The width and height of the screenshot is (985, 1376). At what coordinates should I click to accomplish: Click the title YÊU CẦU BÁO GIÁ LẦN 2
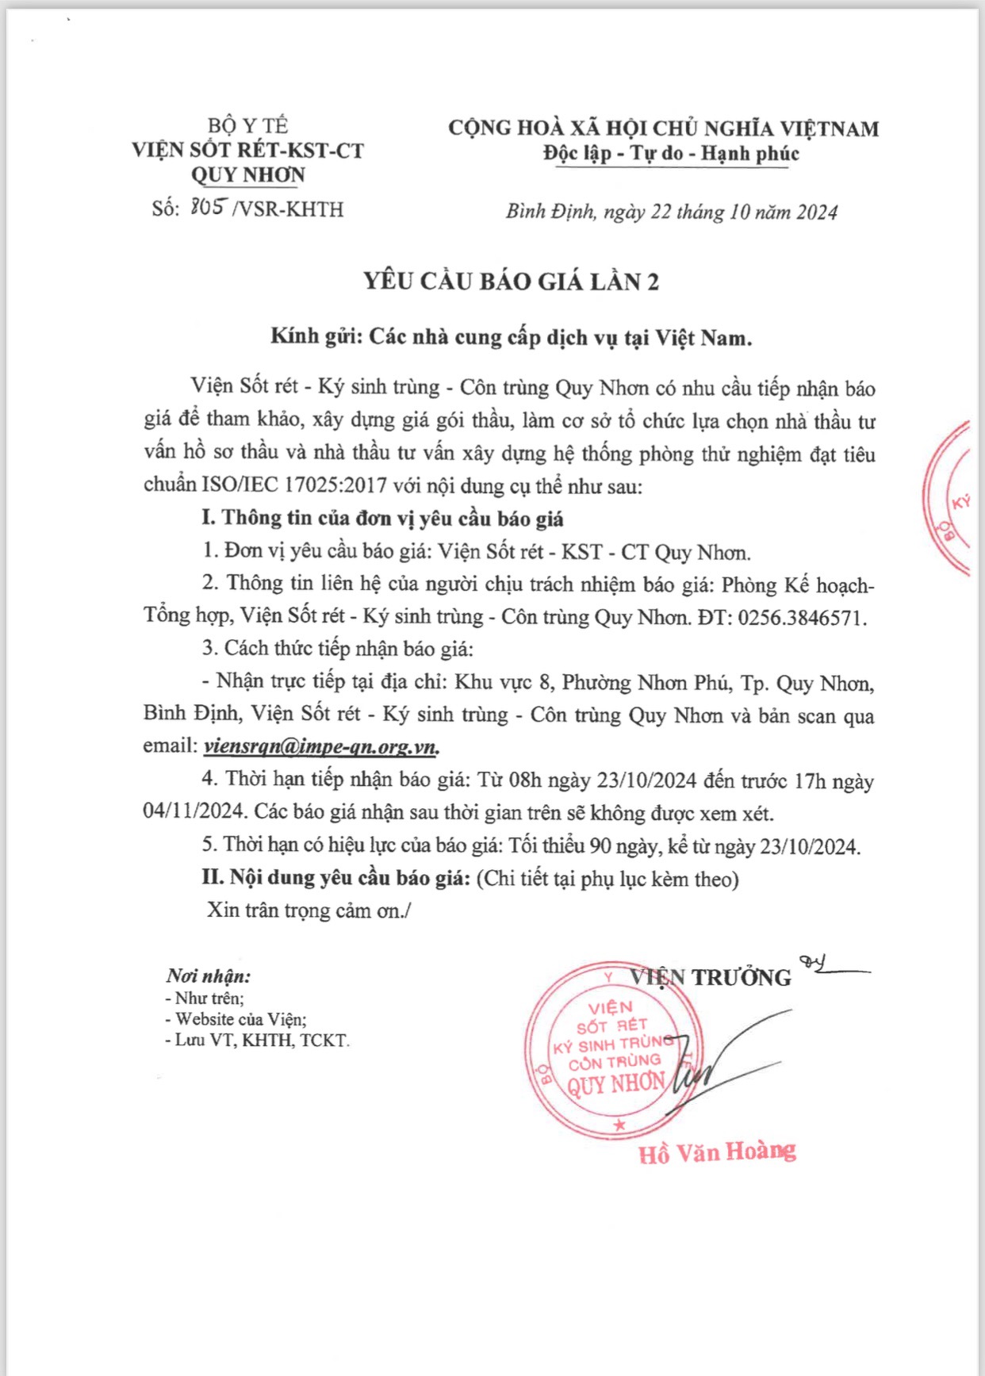click(x=512, y=282)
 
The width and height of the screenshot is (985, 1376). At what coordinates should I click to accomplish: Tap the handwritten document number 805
click(x=209, y=208)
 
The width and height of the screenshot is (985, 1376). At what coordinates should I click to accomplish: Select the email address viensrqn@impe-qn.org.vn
click(x=321, y=746)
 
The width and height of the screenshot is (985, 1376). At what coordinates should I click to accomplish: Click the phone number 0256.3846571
click(x=802, y=618)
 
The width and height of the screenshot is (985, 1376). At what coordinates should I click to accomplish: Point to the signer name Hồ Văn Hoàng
click(x=717, y=1152)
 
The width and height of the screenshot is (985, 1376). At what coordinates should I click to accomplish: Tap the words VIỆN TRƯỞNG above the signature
click(x=711, y=977)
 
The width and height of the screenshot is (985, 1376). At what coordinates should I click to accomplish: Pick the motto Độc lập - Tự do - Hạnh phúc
click(x=671, y=153)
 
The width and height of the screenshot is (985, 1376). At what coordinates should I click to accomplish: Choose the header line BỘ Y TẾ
click(x=247, y=125)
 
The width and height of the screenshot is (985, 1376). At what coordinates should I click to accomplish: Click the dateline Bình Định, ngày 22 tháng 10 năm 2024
click(x=672, y=212)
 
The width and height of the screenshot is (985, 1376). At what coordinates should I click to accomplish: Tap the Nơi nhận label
click(x=208, y=976)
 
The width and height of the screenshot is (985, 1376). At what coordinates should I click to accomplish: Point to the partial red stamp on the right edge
click(x=952, y=500)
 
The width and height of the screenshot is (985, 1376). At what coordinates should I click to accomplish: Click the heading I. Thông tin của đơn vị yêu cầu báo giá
click(x=382, y=519)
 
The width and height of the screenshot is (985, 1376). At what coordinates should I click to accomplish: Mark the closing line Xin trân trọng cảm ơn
click(x=309, y=910)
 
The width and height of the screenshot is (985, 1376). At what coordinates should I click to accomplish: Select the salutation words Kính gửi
click(x=316, y=337)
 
